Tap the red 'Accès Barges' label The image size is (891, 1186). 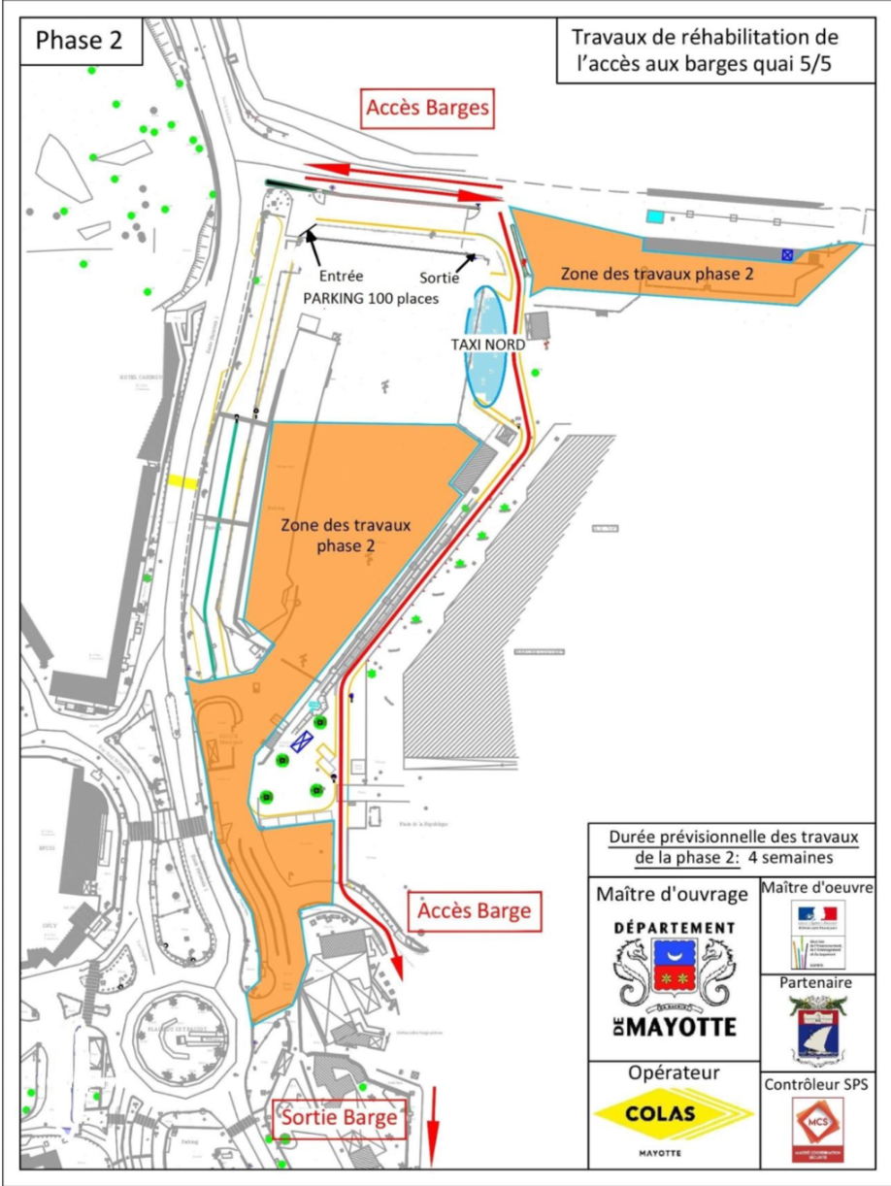point(428,109)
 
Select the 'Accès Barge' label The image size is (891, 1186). point(475,911)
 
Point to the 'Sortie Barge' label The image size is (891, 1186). point(339,1118)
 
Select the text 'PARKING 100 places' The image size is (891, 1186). point(370,298)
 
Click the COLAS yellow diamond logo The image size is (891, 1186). point(673,1113)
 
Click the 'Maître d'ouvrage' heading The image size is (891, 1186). point(673,894)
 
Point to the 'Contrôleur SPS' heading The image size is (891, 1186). point(818,1082)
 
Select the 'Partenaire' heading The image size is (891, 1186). point(818,982)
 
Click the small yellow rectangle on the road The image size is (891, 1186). point(182,481)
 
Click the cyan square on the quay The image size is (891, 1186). point(656,215)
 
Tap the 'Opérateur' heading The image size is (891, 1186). point(673,1072)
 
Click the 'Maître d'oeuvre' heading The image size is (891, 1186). point(818,887)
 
